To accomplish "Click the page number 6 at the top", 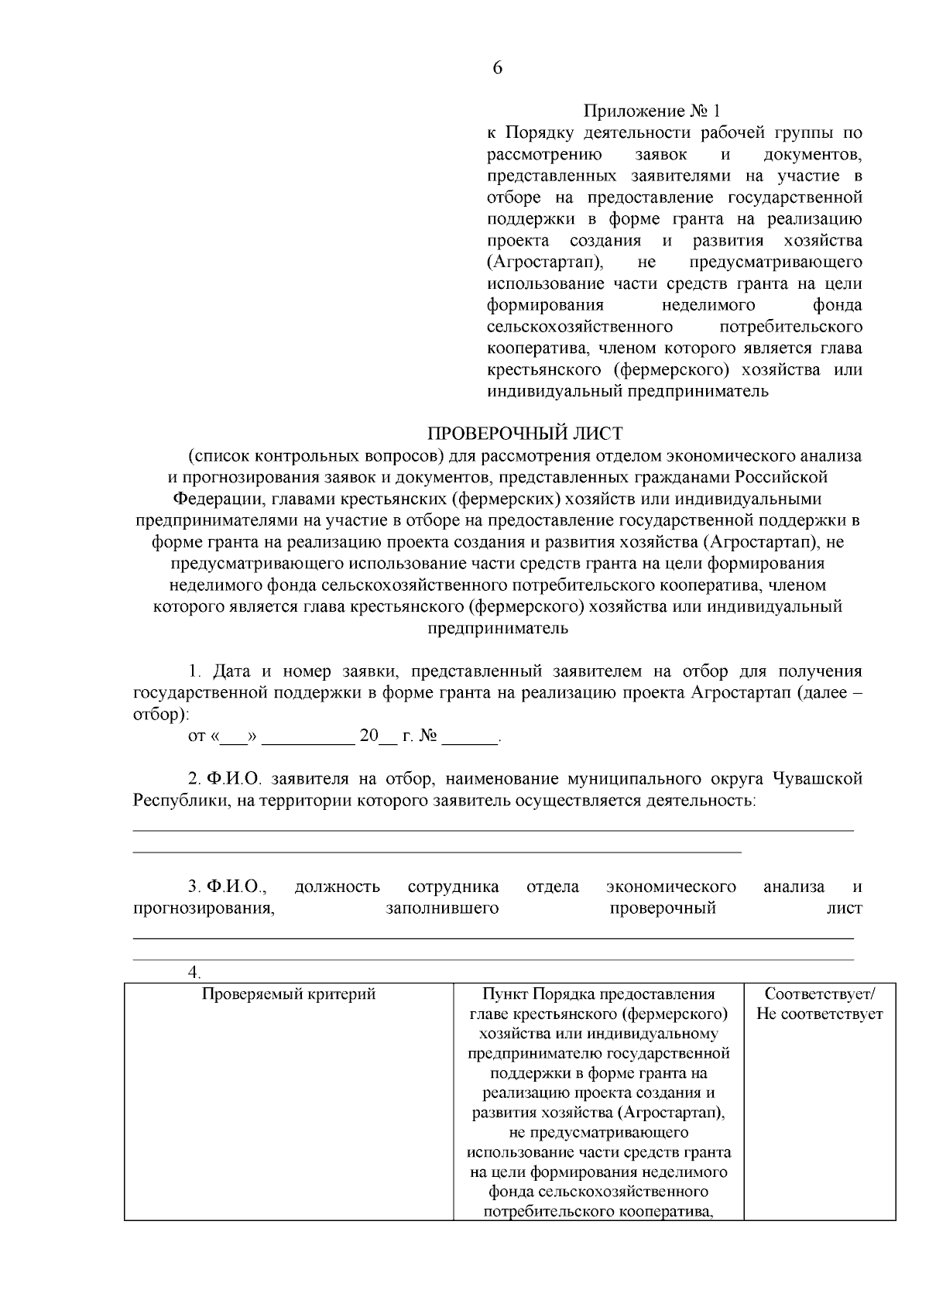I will click(x=497, y=68).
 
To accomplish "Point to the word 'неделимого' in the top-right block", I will click(x=708, y=305).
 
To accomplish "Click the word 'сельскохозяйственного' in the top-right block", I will click(x=579, y=326).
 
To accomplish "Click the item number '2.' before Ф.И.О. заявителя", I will click(x=195, y=778).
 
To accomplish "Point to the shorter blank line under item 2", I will click(x=437, y=851).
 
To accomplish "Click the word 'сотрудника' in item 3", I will click(x=453, y=887).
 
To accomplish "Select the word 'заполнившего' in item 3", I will click(x=442, y=907).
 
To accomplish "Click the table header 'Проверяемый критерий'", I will click(x=289, y=993).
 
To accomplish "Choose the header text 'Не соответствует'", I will click(x=820, y=1014).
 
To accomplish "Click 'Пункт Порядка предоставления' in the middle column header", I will click(x=598, y=993).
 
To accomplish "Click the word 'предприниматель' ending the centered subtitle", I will click(x=498, y=628).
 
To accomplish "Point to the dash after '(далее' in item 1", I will click(x=855, y=692).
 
